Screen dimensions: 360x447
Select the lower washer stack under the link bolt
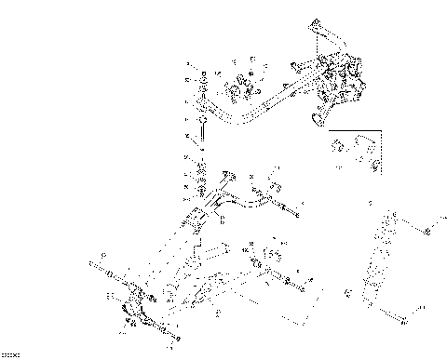point(200,181)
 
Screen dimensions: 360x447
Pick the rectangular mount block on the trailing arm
point(198,223)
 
